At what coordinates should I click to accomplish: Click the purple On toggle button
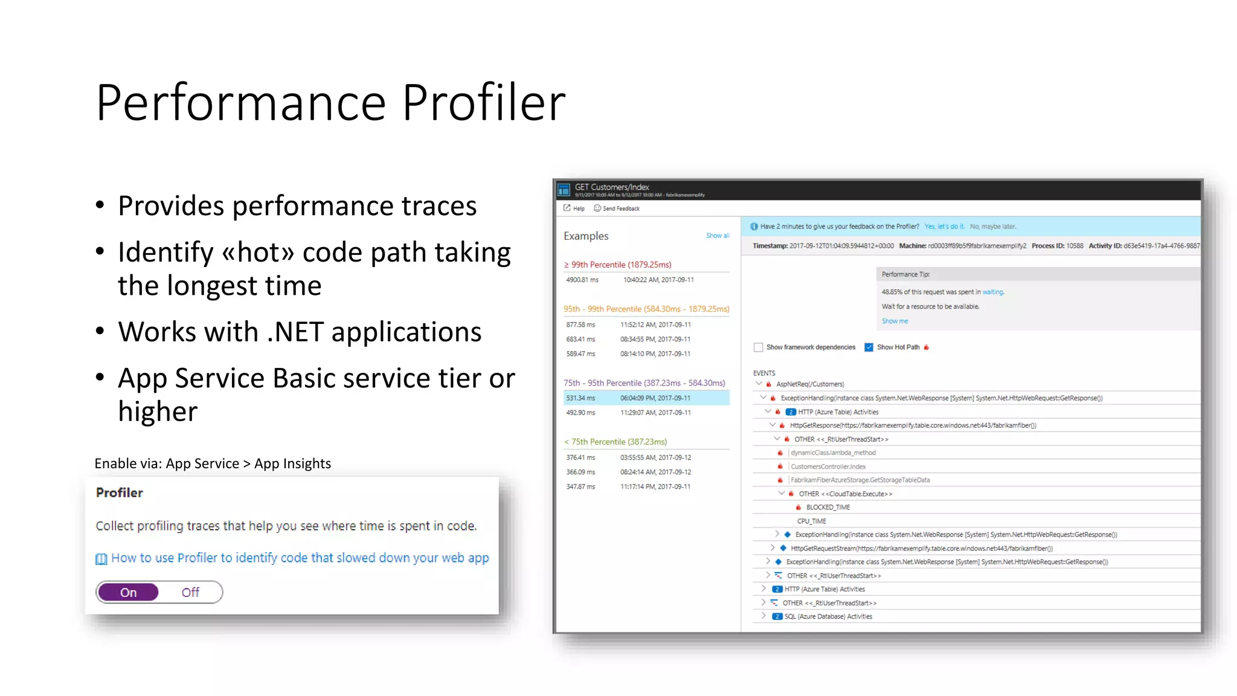(x=128, y=593)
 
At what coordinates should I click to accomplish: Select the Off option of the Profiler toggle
(x=190, y=593)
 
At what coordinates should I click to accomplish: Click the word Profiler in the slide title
(x=484, y=102)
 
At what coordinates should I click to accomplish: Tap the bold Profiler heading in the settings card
(x=120, y=493)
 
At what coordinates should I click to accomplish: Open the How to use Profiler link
(x=300, y=558)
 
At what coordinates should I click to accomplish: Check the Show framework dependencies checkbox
(x=758, y=347)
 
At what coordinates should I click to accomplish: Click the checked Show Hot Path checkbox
(x=869, y=347)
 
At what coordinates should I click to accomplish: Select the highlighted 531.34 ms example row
(x=646, y=398)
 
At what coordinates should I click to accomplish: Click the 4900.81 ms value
(x=582, y=280)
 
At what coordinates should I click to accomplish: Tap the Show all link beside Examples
(x=718, y=236)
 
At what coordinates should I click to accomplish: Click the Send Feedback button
(x=617, y=208)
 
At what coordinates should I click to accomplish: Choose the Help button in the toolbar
(x=574, y=208)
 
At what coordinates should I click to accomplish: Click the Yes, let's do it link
(x=944, y=227)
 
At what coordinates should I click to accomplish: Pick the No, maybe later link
(x=993, y=227)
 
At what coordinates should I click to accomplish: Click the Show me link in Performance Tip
(x=895, y=321)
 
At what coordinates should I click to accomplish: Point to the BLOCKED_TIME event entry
(x=827, y=507)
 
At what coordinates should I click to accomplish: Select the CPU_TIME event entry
(x=811, y=521)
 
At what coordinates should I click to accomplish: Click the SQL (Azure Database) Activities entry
(x=828, y=617)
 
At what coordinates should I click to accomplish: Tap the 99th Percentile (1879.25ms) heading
(x=621, y=265)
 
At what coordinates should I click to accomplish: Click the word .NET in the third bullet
(x=295, y=332)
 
